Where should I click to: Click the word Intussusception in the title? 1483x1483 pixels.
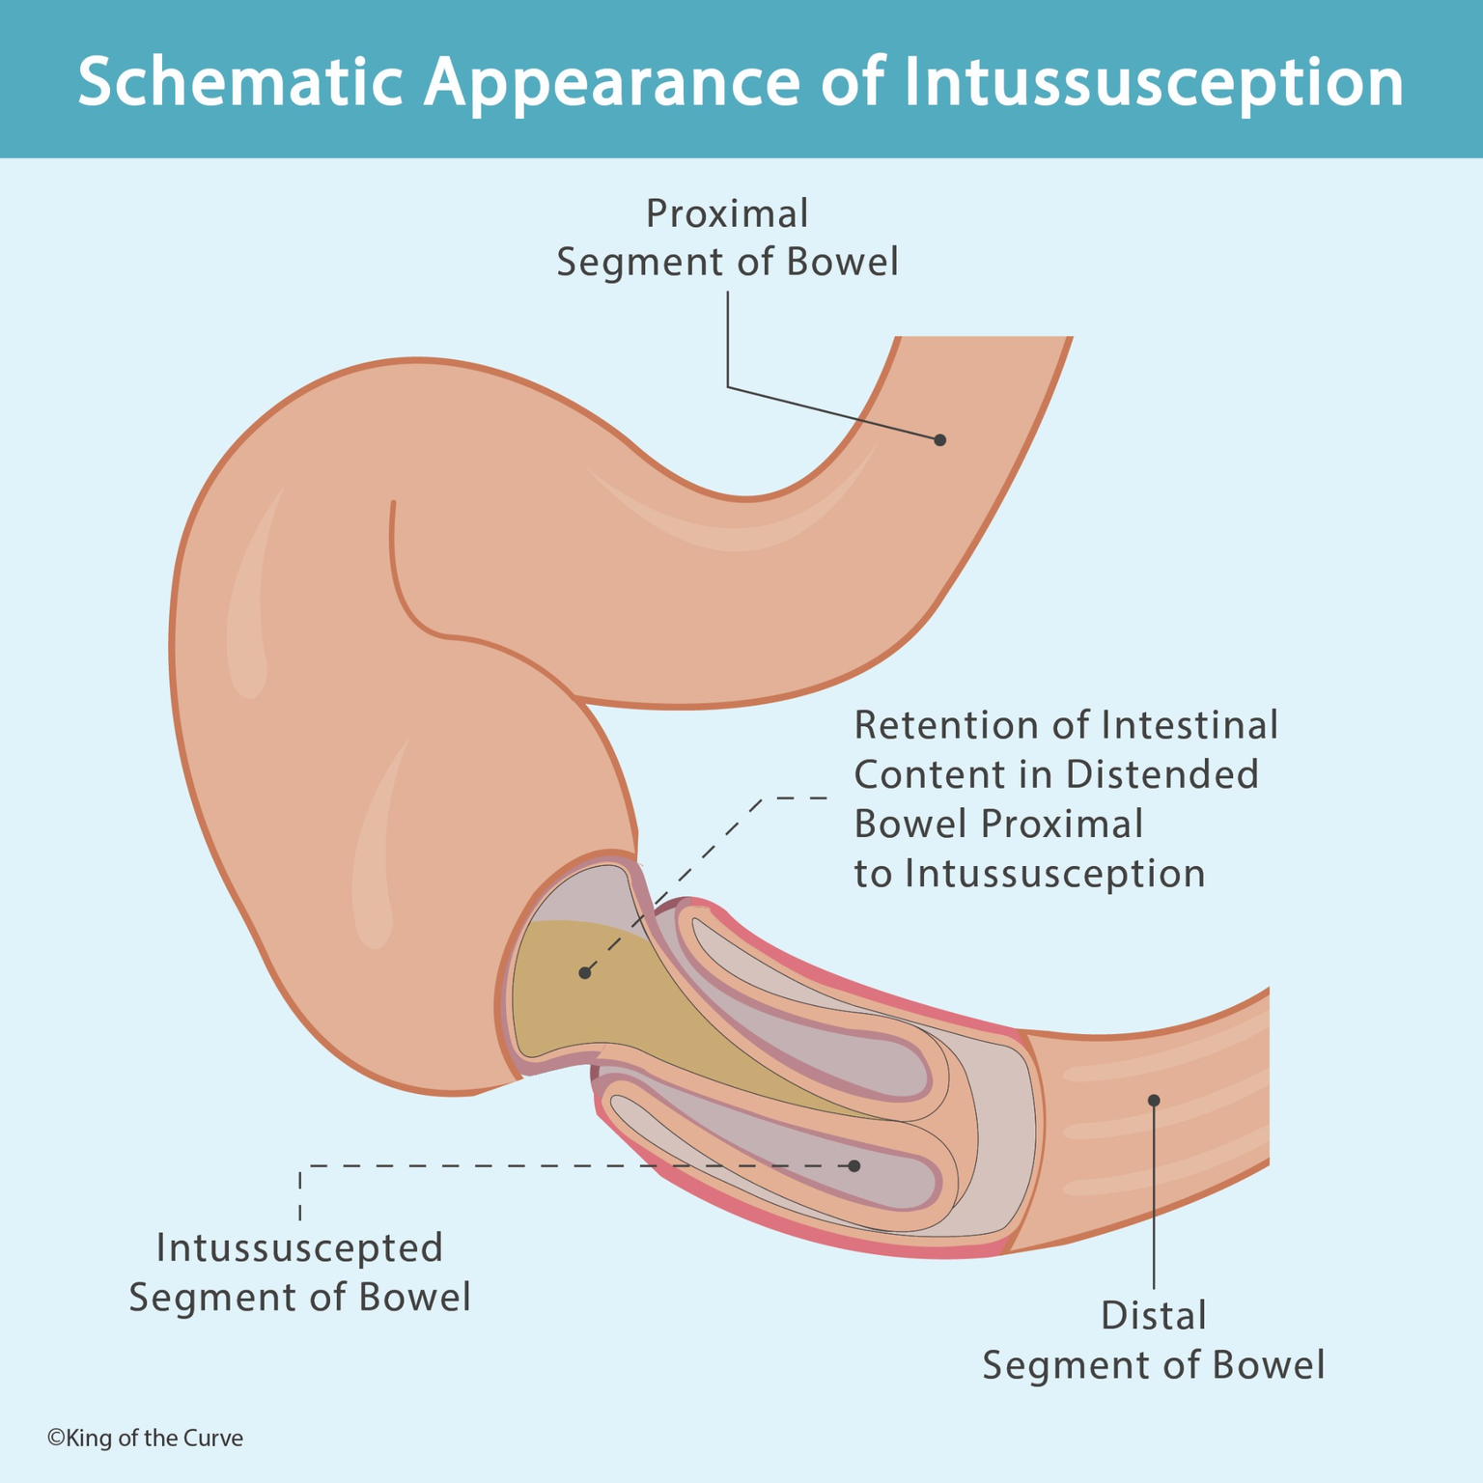[1154, 81]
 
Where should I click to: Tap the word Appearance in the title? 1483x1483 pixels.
[612, 81]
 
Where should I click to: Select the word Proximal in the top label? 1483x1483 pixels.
[726, 214]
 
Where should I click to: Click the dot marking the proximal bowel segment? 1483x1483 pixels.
[939, 439]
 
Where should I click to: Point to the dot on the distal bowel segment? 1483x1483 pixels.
[1153, 1101]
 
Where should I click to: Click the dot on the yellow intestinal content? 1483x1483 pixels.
[584, 972]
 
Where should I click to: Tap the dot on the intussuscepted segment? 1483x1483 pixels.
[853, 1166]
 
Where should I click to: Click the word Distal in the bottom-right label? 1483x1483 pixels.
[1154, 1316]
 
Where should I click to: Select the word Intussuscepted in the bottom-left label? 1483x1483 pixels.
[299, 1247]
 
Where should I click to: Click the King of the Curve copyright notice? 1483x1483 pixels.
[145, 1439]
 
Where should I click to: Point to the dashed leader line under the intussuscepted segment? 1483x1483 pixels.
[579, 1166]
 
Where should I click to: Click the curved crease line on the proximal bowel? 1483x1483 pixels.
[406, 599]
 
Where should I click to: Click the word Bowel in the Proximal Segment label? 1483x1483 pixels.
[842, 263]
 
